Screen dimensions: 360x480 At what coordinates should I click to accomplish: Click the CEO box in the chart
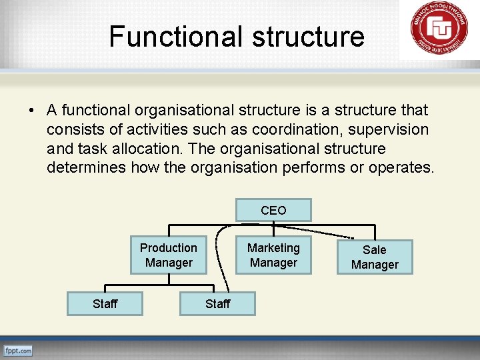point(273,210)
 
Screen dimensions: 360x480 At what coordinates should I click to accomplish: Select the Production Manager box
point(168,255)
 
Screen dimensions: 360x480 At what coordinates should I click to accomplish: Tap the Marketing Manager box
point(273,255)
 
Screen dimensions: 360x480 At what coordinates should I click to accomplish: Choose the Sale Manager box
point(374,257)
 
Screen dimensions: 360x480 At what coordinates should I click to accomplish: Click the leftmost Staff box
point(105,304)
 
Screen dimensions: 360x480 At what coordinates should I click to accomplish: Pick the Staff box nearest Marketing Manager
point(217,304)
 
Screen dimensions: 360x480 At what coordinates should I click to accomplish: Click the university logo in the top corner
point(439,30)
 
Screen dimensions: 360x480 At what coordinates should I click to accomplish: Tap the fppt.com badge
point(18,350)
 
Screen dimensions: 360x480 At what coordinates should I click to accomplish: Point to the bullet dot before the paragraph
point(31,110)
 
